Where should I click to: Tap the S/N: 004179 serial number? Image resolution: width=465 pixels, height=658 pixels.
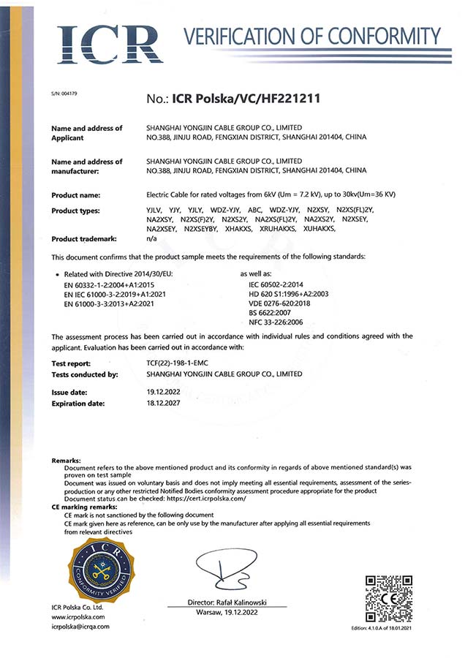64,94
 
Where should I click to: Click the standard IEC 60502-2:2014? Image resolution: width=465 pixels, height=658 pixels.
275,283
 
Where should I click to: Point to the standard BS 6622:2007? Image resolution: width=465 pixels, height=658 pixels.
269,311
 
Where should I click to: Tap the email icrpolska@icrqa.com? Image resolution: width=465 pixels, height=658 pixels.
80,627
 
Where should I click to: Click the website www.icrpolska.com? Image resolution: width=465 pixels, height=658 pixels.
77,617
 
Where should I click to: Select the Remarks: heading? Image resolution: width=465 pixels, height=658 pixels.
67,460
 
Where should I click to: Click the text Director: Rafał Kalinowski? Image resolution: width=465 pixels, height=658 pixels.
227,602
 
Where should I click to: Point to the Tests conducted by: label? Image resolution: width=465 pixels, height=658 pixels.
85,374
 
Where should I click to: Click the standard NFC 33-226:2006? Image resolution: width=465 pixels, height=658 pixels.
274,321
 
